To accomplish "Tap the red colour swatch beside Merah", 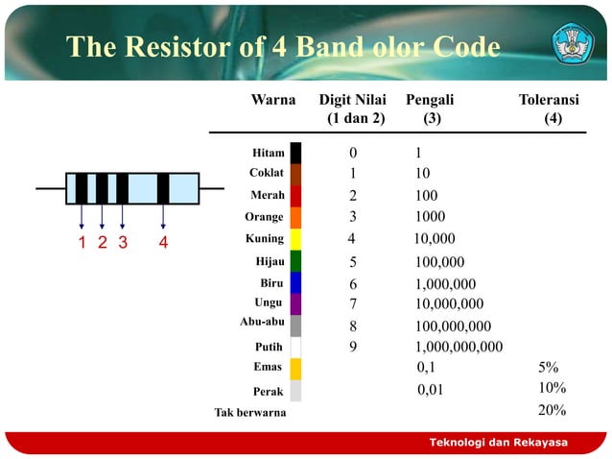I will pos(295,196).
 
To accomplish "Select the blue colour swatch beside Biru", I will pos(295,282).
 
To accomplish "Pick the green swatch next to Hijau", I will pos(295,260).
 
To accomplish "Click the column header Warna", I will pos(272,100).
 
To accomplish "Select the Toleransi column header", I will pos(549,100).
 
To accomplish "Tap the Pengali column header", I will pos(431,100).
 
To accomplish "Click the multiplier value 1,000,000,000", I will pos(459,347).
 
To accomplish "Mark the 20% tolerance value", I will pos(552,410).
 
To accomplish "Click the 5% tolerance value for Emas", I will pos(549,367).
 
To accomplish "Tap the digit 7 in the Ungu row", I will pos(352,303).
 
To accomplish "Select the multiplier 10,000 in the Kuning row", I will pos(435,239).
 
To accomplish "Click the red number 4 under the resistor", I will pos(163,242).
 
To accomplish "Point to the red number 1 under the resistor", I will pos(82,242).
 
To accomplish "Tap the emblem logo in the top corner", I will pos(572,43).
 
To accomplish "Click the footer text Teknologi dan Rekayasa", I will pos(497,442).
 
